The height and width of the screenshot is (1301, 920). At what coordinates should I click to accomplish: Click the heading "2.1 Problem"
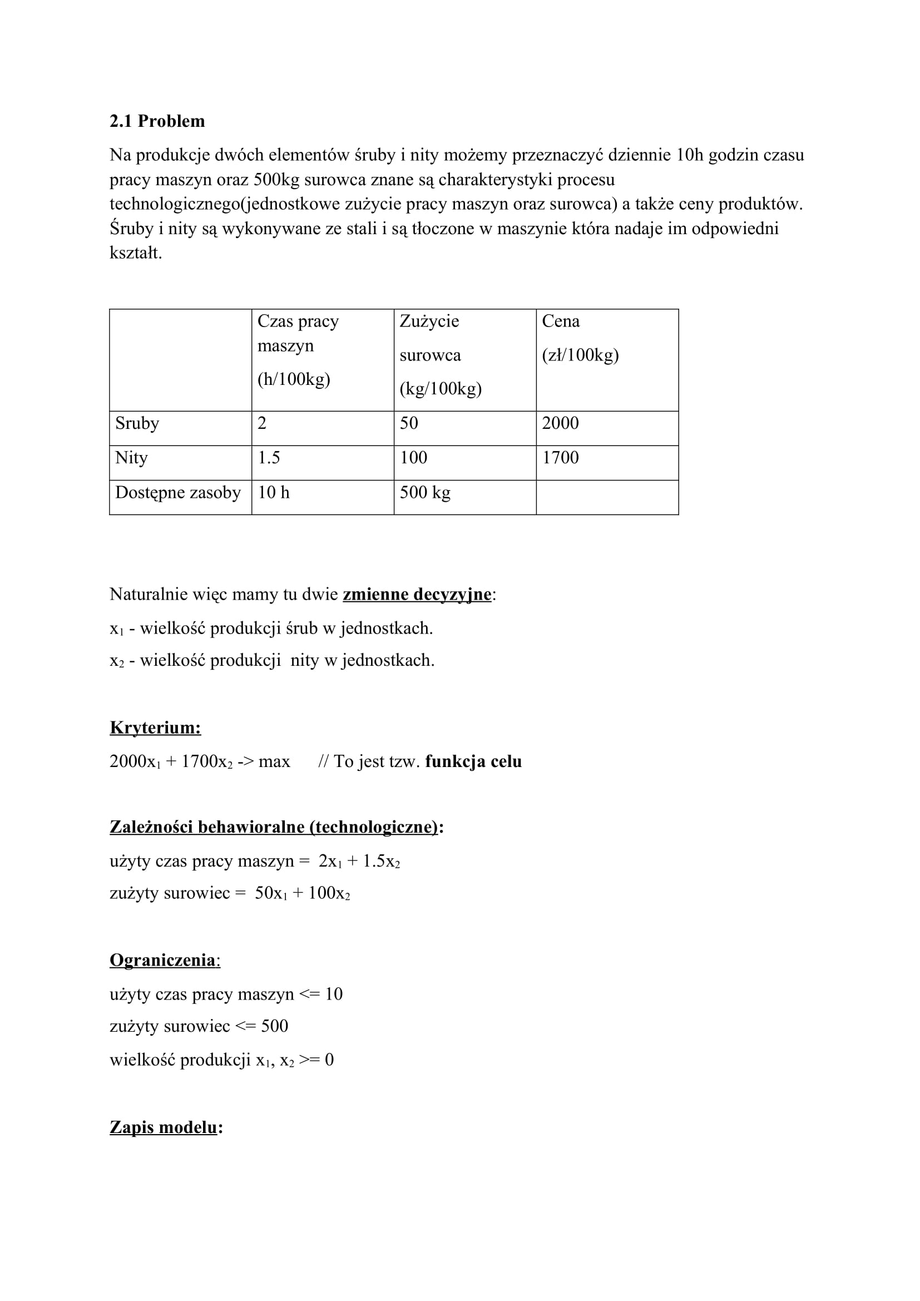click(157, 121)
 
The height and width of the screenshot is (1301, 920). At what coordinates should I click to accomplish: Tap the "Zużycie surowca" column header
click(440, 355)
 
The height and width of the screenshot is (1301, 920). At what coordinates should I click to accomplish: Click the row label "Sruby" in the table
click(137, 423)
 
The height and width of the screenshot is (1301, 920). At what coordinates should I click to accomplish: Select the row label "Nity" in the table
click(131, 458)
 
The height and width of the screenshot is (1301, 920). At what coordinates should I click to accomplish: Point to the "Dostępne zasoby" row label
click(178, 492)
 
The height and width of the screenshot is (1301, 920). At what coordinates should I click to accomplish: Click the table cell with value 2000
click(560, 423)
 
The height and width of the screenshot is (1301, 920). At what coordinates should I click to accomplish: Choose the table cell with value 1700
click(560, 458)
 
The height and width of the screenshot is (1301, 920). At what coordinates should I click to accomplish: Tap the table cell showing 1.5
click(269, 458)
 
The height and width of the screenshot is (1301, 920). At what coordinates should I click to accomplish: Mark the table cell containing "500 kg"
click(425, 492)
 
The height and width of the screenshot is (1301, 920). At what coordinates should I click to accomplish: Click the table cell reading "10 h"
click(274, 492)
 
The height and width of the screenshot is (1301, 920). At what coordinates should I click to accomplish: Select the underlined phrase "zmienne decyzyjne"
click(417, 595)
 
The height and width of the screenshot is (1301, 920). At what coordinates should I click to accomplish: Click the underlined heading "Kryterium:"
click(155, 728)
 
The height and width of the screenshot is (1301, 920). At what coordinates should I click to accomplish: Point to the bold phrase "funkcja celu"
click(473, 761)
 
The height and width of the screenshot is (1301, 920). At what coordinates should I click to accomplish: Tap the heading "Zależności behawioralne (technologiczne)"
click(274, 827)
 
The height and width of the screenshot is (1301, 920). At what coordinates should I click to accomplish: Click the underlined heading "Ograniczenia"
click(163, 961)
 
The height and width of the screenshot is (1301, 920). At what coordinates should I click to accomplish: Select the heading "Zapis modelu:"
click(166, 1127)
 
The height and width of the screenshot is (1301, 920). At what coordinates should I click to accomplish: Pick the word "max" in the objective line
click(274, 761)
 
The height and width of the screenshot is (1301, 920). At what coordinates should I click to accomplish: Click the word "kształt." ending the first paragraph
click(136, 253)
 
